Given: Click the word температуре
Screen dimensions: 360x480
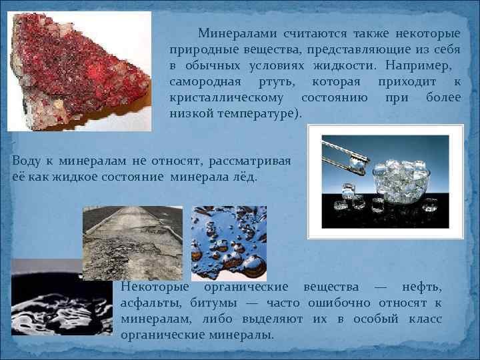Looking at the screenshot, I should click(260, 114).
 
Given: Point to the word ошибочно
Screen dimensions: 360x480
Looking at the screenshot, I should click(347, 303).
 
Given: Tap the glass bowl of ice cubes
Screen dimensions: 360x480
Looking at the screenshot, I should click(396, 180).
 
